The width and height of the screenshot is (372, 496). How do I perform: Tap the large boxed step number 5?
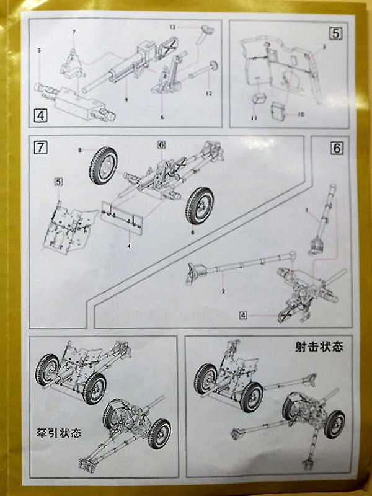pyautogui.click(x=335, y=33)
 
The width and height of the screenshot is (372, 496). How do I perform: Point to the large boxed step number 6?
pyautogui.click(x=337, y=149)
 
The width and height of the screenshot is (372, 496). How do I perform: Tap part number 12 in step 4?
pyautogui.click(x=210, y=94)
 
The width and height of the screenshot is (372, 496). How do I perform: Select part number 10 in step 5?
pyautogui.click(x=302, y=114)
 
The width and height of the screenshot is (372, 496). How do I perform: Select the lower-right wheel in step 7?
pyautogui.click(x=200, y=206)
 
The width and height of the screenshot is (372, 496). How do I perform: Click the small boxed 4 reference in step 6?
pyautogui.click(x=244, y=315)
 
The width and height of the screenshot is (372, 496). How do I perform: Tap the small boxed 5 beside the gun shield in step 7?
pyautogui.click(x=58, y=181)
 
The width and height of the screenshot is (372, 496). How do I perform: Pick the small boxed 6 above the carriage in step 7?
pyautogui.click(x=161, y=144)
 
